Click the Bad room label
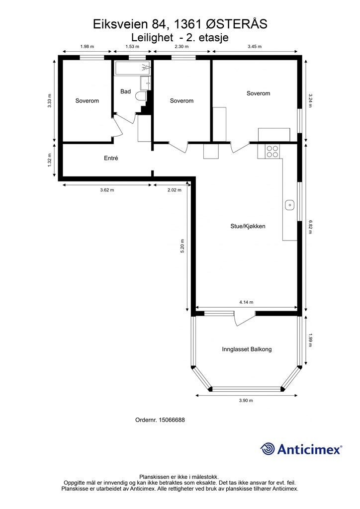pyautogui.click(x=126, y=91)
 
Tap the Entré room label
pyautogui.click(x=111, y=159)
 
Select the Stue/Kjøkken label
pyautogui.click(x=248, y=226)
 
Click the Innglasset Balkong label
pyautogui.click(x=247, y=349)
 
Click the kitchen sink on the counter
pyautogui.click(x=289, y=205)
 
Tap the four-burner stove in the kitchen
pyautogui.click(x=272, y=152)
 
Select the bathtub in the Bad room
pyautogui.click(x=132, y=69)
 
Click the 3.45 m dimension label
pyautogui.click(x=255, y=46)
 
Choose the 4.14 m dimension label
pyautogui.click(x=247, y=302)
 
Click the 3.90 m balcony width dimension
pyautogui.click(x=246, y=400)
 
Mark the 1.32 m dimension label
pyautogui.click(x=50, y=160)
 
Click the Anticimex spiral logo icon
pyautogui.click(x=267, y=449)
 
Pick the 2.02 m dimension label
pyautogui.click(x=175, y=190)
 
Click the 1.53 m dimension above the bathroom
pyautogui.click(x=132, y=46)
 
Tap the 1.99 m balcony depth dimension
pyautogui.click(x=310, y=340)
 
